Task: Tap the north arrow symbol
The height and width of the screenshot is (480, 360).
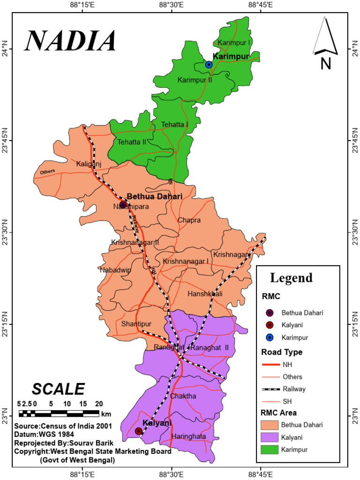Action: click(325, 42)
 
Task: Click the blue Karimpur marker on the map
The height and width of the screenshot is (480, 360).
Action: click(209, 64)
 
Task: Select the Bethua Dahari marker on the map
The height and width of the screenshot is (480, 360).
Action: click(123, 204)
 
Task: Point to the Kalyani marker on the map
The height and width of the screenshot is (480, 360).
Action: click(138, 431)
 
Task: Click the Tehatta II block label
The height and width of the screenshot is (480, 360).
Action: click(132, 142)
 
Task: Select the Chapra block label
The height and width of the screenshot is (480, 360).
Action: click(189, 220)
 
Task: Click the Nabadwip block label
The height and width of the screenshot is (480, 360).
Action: click(115, 270)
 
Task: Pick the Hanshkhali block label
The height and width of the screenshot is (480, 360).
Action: click(205, 294)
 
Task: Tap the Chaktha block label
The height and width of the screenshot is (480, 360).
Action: click(183, 396)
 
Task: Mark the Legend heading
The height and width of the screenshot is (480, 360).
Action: click(291, 277)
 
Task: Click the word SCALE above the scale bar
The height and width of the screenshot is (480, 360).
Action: click(59, 389)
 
